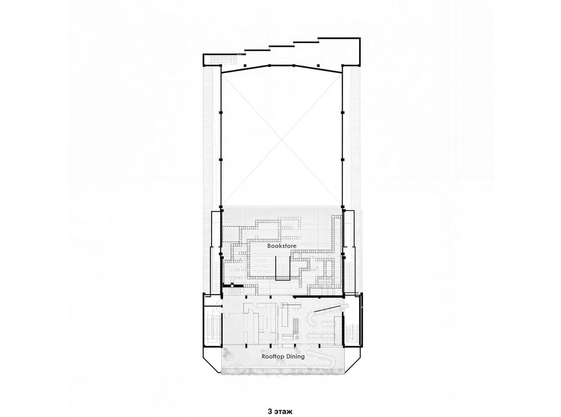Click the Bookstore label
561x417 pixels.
click(x=282, y=246)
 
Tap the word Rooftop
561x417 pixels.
click(x=272, y=356)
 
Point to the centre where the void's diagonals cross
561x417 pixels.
click(x=282, y=138)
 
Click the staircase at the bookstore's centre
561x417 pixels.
click(x=282, y=268)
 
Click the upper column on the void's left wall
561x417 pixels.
click(x=221, y=113)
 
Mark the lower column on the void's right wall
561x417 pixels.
click(x=342, y=159)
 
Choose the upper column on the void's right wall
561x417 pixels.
click(x=342, y=113)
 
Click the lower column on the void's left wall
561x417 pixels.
click(x=221, y=159)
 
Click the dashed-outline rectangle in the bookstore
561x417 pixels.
click(x=231, y=233)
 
